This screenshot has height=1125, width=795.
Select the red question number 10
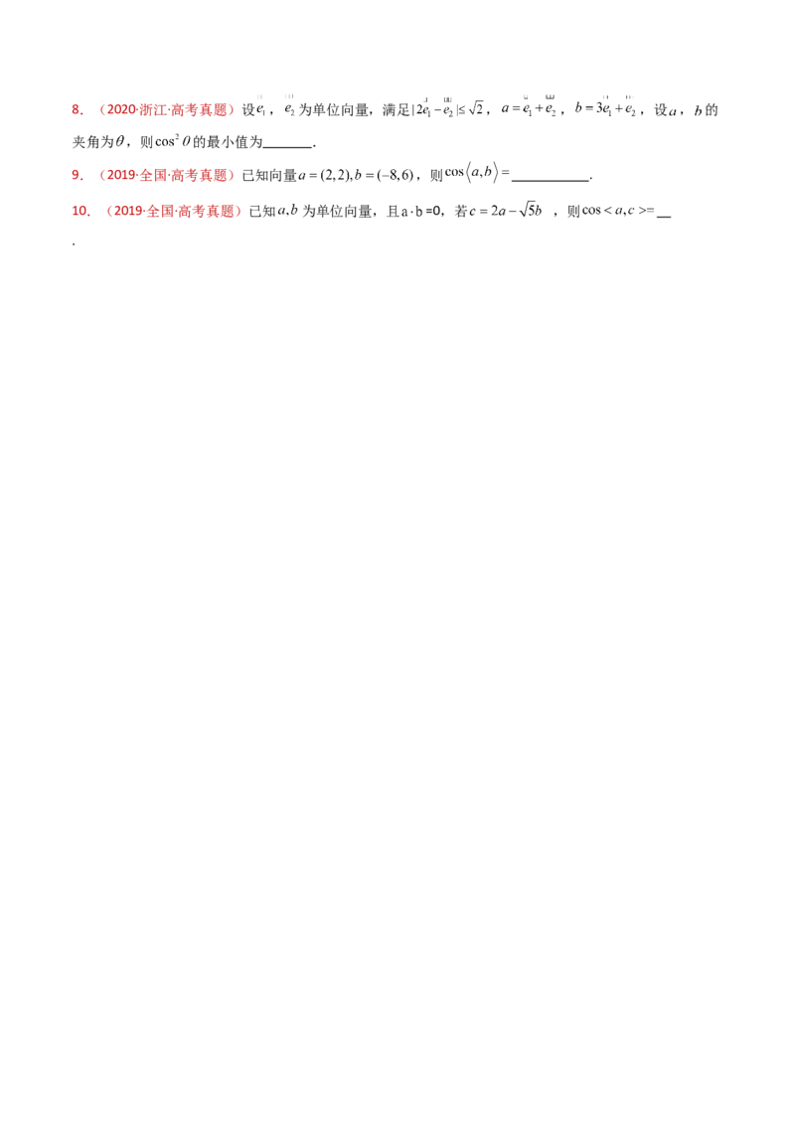82,212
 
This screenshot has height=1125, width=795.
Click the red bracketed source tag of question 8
168,110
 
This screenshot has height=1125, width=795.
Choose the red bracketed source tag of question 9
168,175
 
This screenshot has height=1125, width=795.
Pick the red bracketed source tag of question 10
175,212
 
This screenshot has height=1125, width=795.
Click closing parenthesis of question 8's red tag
235,110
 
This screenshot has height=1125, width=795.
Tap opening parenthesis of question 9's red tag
101,175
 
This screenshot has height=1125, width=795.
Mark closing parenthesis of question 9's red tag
235,175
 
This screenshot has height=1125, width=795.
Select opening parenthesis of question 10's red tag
109,212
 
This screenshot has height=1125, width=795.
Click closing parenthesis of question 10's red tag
241,212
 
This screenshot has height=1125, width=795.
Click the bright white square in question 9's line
384,175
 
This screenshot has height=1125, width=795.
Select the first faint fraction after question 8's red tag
260,105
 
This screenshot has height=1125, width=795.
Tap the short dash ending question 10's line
651,211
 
